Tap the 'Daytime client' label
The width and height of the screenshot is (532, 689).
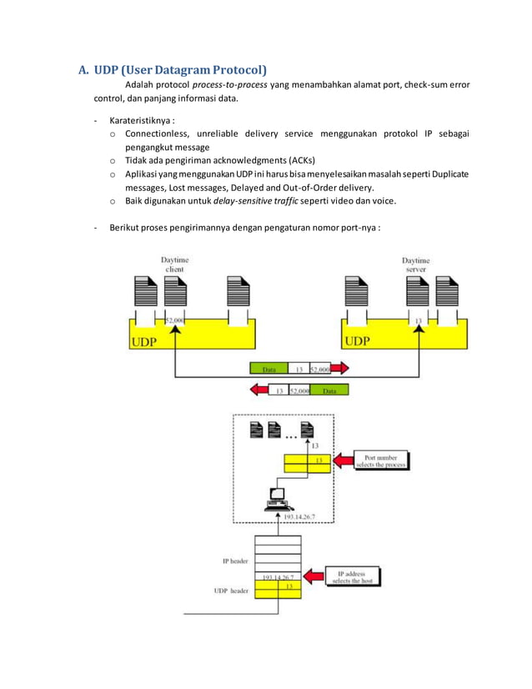click(x=173, y=265)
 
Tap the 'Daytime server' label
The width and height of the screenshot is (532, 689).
click(x=415, y=265)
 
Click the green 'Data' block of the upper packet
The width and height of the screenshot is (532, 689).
click(x=269, y=368)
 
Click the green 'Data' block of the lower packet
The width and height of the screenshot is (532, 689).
click(x=330, y=390)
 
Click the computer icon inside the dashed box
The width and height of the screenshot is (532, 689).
click(x=275, y=498)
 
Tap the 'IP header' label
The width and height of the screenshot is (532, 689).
click(x=236, y=561)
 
